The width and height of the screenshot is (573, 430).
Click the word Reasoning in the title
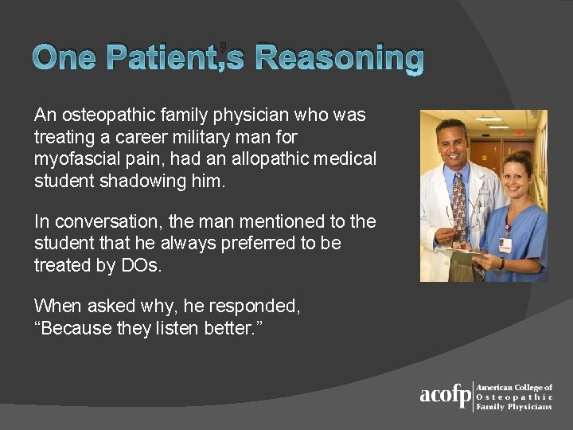click(341, 58)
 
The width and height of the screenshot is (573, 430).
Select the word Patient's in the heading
click(173, 58)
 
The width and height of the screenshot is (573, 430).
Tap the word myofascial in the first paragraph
click(73, 159)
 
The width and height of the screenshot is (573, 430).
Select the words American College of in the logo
click(514, 387)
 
